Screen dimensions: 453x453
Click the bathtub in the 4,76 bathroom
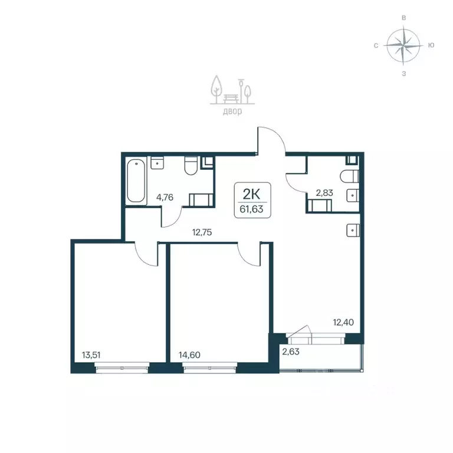point(136,180)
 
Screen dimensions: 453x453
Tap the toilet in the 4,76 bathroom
point(191,166)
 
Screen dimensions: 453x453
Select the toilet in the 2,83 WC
point(350,176)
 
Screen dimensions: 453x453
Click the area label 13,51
point(91,354)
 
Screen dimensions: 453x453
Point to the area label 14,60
point(189,354)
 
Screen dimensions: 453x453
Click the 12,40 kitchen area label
point(343,322)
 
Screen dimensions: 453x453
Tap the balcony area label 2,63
point(291,352)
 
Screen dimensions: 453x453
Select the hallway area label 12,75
point(202,232)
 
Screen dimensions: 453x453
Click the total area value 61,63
point(251,209)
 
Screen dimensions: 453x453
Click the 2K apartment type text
point(251,195)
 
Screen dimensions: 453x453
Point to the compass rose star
point(403,45)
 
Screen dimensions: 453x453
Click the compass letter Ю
point(431,45)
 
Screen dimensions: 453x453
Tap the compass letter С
point(376,45)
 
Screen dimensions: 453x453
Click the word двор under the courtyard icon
point(232,111)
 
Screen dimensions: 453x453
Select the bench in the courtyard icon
point(231,99)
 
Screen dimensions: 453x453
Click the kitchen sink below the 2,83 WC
point(353,231)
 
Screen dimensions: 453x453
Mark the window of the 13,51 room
point(122,368)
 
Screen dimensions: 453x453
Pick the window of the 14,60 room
point(210,368)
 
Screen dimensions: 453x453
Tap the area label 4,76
point(165,198)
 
